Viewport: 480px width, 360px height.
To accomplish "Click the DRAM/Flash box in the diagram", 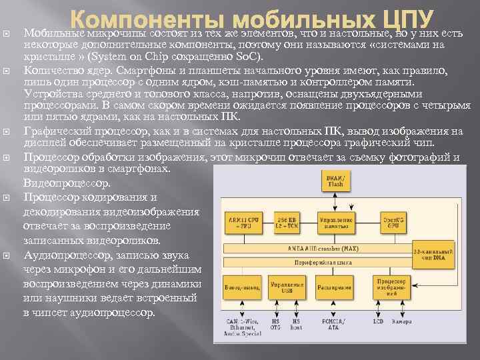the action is [336, 181].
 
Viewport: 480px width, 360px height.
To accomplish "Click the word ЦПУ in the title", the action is [400, 19].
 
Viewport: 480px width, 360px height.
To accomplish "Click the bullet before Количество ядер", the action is [9, 69].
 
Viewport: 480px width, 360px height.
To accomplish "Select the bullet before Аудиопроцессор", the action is [9, 256].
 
